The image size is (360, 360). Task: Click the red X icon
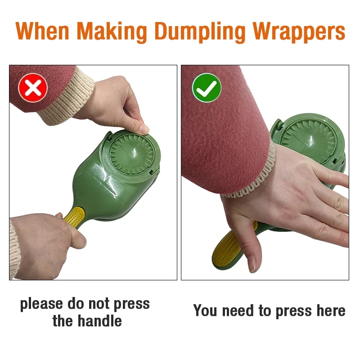click(33, 88)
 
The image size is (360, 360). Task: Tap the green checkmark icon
click(207, 88)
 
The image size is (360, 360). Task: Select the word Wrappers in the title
click(299, 32)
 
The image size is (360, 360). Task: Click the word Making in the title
click(112, 32)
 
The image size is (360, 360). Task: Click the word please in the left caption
click(41, 305)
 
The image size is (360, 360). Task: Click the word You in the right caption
click(205, 310)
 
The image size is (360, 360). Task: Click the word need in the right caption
click(238, 310)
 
